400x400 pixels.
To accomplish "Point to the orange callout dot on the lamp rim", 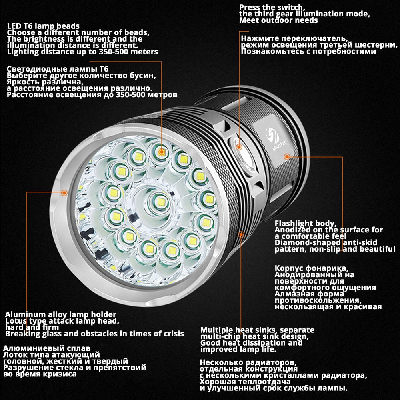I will [64, 192].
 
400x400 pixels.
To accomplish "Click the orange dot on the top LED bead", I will [161, 152].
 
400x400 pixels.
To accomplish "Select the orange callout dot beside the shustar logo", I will [286, 156].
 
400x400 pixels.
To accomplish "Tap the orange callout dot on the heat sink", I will [241, 234].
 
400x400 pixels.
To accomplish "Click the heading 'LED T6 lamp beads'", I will [43, 26].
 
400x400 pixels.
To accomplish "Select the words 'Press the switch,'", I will [272, 7].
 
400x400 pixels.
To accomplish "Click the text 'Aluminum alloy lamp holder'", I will [61, 314].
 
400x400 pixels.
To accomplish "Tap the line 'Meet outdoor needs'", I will [278, 20].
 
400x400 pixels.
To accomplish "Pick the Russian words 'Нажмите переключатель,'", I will [294, 38].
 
